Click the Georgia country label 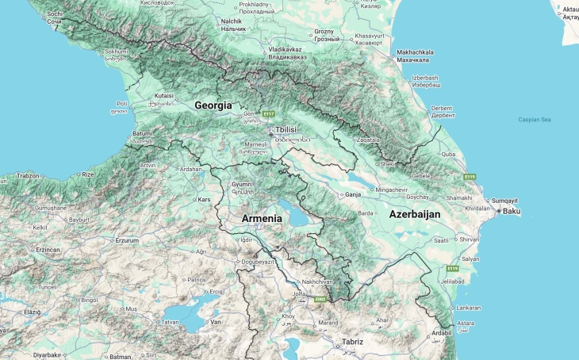213,105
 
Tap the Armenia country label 262,218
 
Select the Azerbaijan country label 414,214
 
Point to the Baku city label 512,211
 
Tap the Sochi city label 55,14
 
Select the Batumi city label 142,133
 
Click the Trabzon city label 28,175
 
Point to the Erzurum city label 127,239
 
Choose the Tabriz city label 352,342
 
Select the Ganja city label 353,193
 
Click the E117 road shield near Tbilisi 270,113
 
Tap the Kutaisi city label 163,96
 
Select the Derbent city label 442,108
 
